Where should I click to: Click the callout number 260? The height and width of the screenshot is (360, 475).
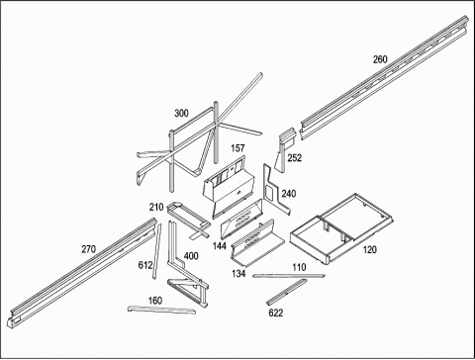click(x=380, y=59)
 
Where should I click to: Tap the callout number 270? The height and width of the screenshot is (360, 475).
click(x=88, y=249)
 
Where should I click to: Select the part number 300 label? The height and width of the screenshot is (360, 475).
click(x=181, y=113)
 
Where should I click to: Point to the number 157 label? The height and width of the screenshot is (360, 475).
click(x=237, y=148)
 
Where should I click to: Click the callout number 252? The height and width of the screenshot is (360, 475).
click(x=294, y=158)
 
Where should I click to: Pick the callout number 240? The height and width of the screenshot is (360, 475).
click(x=289, y=194)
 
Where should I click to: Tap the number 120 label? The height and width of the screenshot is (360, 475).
click(x=369, y=250)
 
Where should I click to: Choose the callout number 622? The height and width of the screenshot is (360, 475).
click(x=276, y=313)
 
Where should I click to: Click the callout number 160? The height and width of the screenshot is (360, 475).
click(x=155, y=301)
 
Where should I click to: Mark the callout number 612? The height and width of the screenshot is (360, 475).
click(x=145, y=265)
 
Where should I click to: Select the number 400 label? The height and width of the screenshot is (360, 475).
click(x=191, y=256)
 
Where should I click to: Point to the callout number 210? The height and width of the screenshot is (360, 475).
click(x=156, y=207)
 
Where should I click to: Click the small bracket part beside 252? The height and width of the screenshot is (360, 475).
click(x=282, y=151)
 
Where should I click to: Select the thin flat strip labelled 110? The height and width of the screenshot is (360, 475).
click(x=289, y=276)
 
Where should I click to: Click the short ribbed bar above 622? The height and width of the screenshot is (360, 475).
click(x=286, y=292)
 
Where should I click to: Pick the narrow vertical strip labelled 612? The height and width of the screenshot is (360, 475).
click(x=157, y=251)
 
